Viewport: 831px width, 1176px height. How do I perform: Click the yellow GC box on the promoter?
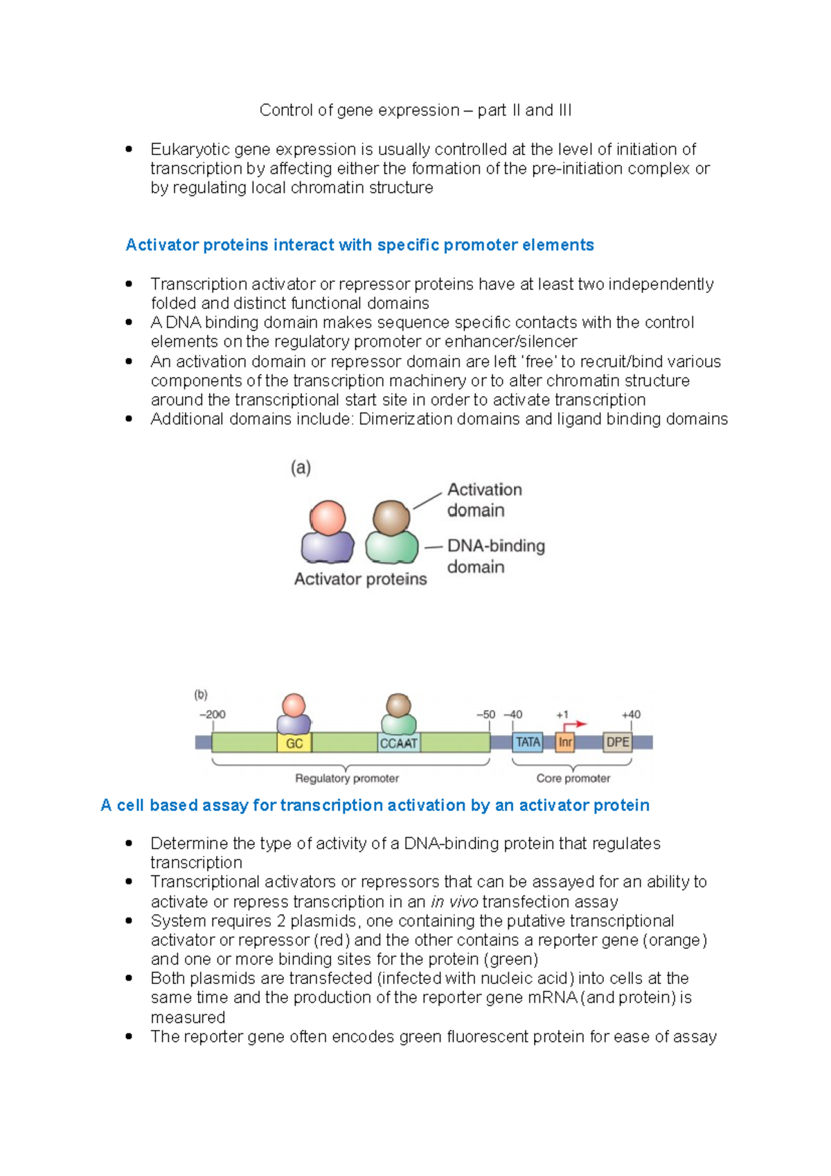294,743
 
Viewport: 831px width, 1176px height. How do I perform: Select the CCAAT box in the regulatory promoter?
399,743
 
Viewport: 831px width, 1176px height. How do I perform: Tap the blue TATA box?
528,742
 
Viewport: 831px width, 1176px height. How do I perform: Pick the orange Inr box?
565,742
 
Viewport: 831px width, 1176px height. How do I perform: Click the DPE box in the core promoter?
617,742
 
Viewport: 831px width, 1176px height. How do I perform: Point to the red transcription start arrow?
574,724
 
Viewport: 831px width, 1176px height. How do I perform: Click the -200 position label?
213,714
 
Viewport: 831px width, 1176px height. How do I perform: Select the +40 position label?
631,714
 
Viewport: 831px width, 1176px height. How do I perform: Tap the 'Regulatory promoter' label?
347,778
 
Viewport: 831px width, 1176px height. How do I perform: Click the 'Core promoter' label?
573,778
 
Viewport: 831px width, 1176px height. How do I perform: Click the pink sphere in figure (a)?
328,517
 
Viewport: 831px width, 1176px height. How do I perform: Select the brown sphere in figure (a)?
391,517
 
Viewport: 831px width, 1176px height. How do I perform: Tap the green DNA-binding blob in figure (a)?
391,548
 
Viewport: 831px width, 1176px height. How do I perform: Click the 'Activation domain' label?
484,499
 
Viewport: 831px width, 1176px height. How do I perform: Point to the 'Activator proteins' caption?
360,579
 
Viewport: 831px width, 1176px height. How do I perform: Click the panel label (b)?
201,694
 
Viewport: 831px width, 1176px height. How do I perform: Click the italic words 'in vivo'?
454,902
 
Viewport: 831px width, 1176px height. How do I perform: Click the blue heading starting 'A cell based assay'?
375,805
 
